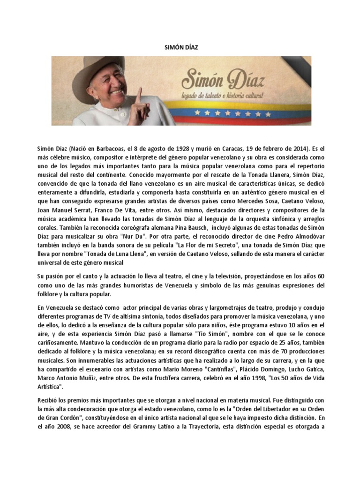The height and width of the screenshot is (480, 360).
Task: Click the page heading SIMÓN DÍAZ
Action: tap(180, 48)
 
